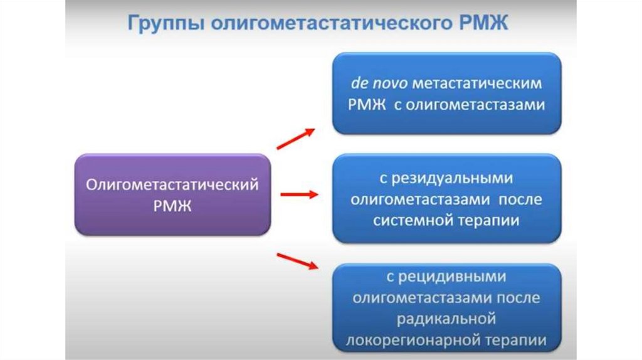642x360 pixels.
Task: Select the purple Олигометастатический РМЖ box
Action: point(173,194)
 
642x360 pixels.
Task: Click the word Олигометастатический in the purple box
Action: point(173,185)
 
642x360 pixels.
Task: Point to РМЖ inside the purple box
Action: point(173,206)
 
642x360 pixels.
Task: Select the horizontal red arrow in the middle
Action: point(298,194)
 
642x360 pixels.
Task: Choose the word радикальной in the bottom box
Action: point(446,319)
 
